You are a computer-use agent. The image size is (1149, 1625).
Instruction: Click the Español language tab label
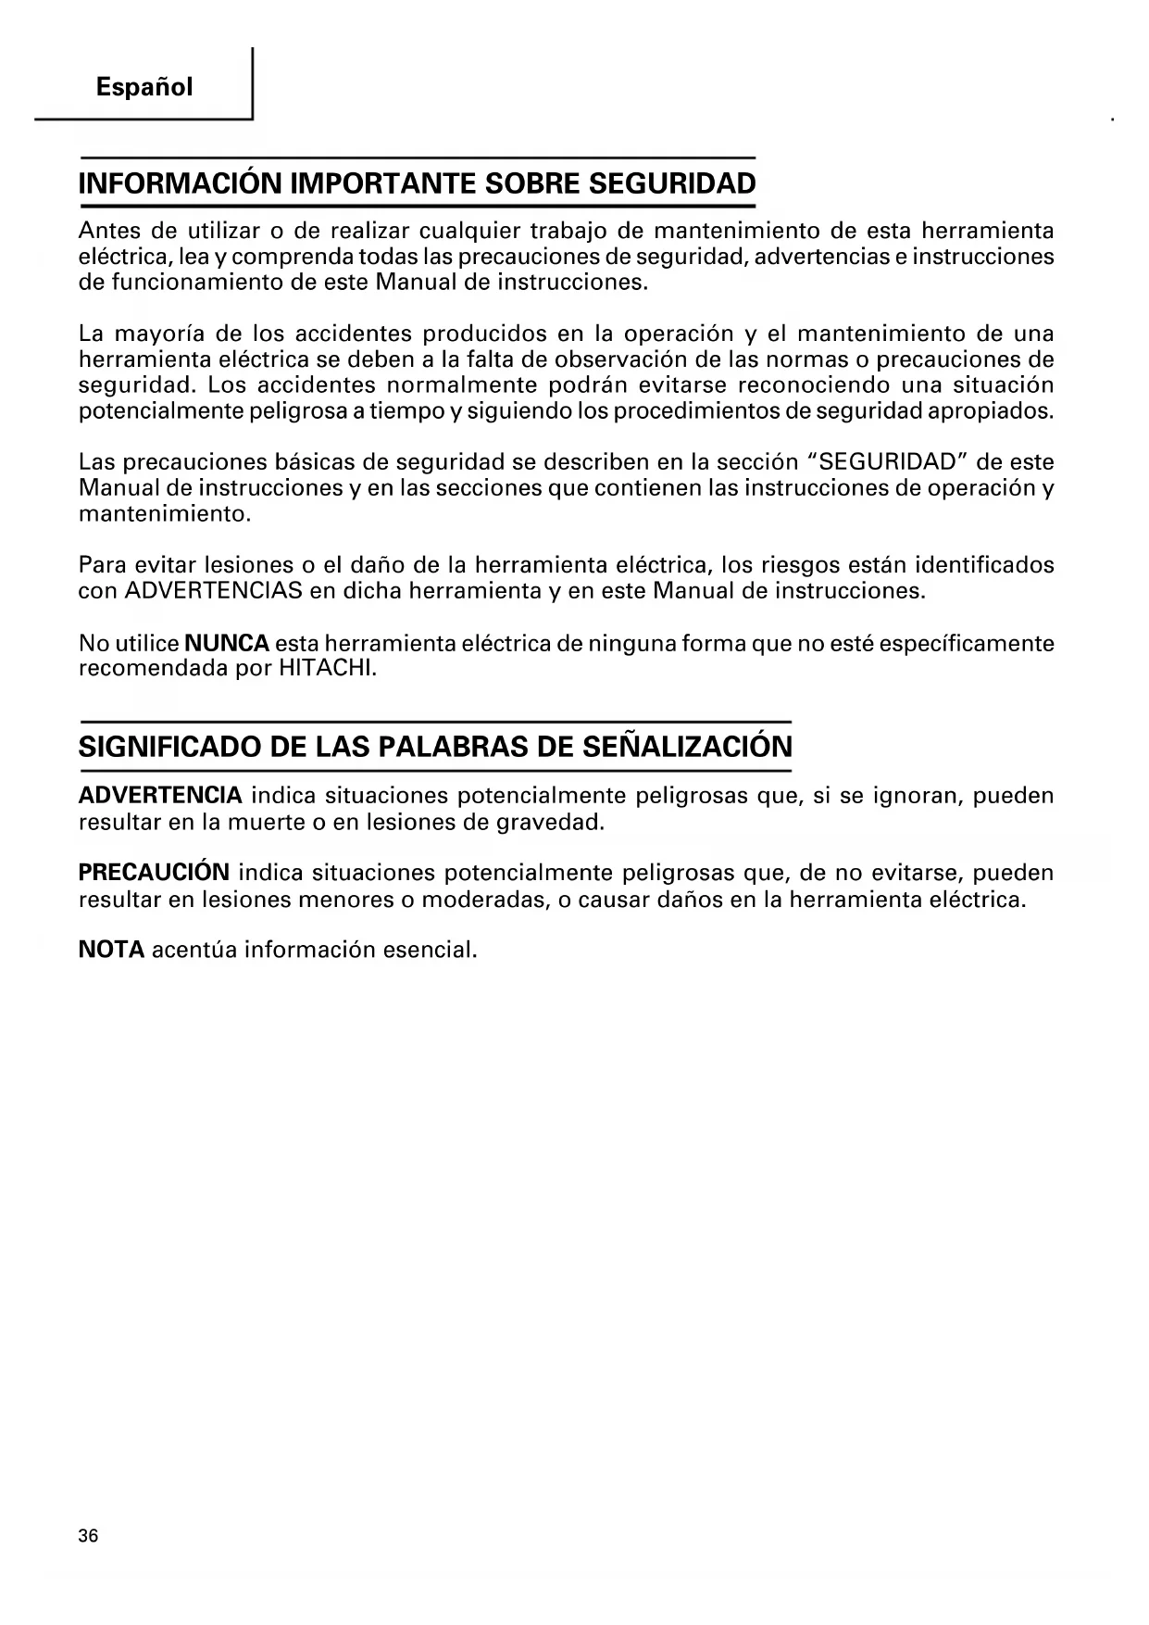pyautogui.click(x=144, y=88)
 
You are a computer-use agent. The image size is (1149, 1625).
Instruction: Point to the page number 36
pyautogui.click(x=88, y=1536)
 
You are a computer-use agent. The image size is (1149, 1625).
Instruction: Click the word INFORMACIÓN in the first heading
pyautogui.click(x=181, y=183)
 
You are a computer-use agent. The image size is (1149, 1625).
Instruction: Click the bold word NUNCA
pyautogui.click(x=227, y=643)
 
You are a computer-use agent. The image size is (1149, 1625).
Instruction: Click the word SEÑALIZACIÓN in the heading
pyautogui.click(x=688, y=747)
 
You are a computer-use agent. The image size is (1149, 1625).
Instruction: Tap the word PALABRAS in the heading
pyautogui.click(x=456, y=747)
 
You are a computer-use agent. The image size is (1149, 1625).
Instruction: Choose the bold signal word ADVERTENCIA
pyautogui.click(x=160, y=796)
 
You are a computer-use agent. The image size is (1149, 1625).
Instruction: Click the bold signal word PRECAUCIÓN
pyautogui.click(x=154, y=873)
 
